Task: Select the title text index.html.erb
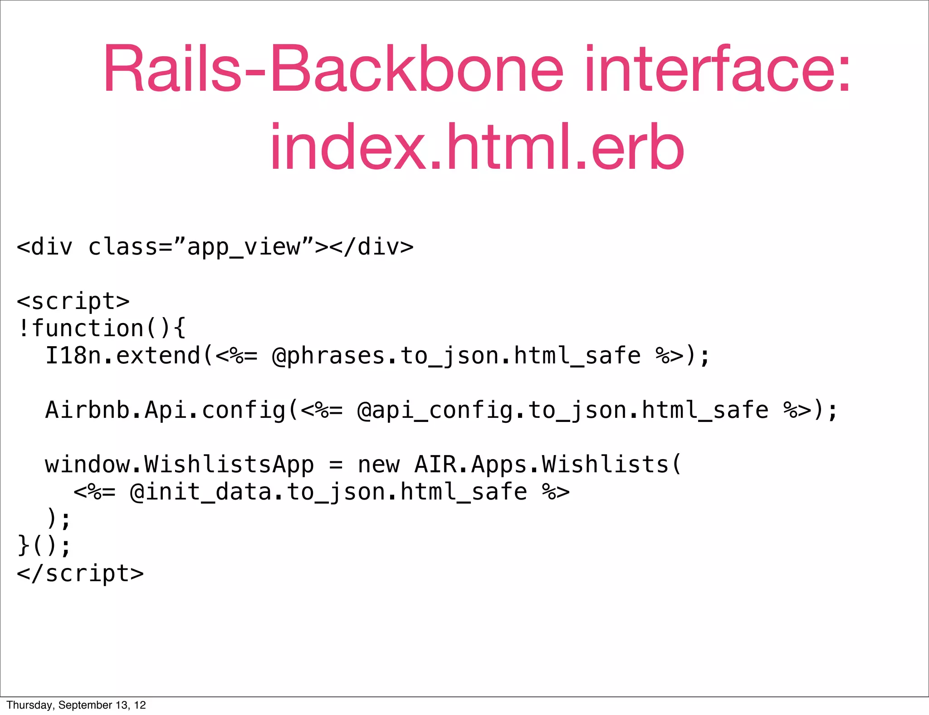[476, 147]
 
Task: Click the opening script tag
[73, 302]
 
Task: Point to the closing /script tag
[80, 573]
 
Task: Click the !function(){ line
[101, 328]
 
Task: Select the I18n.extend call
[122, 356]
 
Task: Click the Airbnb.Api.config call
[166, 410]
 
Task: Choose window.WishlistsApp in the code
[179, 465]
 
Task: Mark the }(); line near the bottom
[44, 546]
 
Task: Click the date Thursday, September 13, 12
[76, 705]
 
